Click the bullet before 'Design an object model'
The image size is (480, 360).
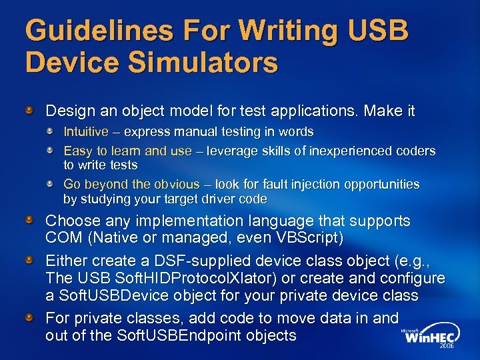pyautogui.click(x=31, y=109)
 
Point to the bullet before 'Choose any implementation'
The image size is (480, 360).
pyautogui.click(x=31, y=219)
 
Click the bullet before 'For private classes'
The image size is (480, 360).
pyautogui.click(x=31, y=316)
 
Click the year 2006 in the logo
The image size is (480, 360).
pyautogui.click(x=445, y=347)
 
